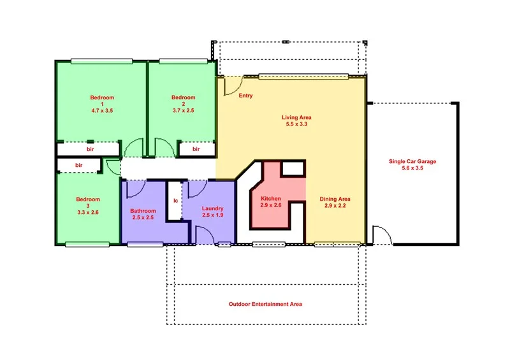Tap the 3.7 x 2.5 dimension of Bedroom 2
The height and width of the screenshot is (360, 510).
(182, 110)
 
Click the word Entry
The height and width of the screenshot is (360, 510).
(245, 96)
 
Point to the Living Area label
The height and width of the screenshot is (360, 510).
(296, 117)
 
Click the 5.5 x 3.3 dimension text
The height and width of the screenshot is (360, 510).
(296, 124)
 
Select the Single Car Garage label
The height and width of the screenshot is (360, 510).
(412, 161)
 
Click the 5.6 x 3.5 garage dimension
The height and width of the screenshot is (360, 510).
(412, 168)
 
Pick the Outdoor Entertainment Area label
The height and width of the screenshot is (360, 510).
(265, 305)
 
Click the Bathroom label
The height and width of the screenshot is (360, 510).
(143, 211)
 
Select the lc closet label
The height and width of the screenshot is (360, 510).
(175, 200)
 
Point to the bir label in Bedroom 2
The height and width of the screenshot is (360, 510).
(196, 149)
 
